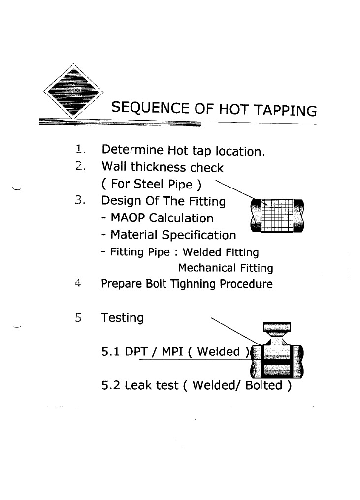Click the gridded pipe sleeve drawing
point(277,216)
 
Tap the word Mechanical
point(202,268)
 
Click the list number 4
point(78,284)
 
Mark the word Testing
point(122,318)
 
